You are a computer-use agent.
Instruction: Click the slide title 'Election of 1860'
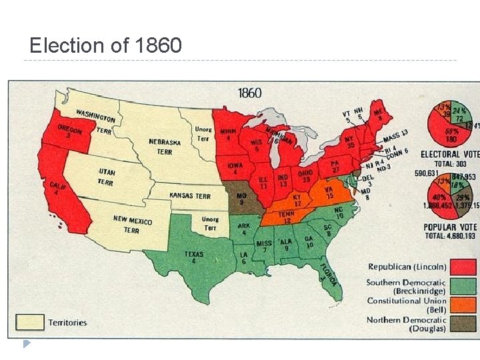pos(105,45)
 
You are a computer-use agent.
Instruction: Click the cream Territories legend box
pos(30,322)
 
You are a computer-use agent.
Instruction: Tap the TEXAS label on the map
pos(193,256)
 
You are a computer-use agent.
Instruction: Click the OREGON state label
pos(70,129)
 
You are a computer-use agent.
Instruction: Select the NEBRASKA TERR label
pos(165,147)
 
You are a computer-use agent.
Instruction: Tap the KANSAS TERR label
pos(190,196)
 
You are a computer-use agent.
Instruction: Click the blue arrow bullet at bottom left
pos(27,344)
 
